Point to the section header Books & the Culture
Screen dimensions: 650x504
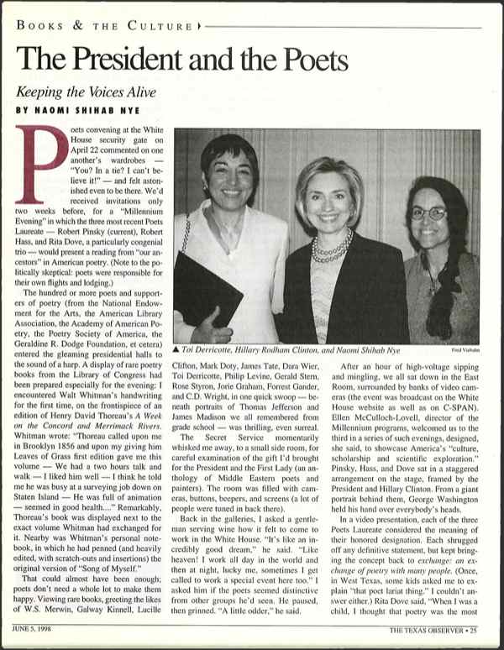[102, 26]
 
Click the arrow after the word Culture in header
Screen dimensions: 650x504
[198, 26]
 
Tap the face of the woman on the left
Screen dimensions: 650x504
[228, 180]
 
